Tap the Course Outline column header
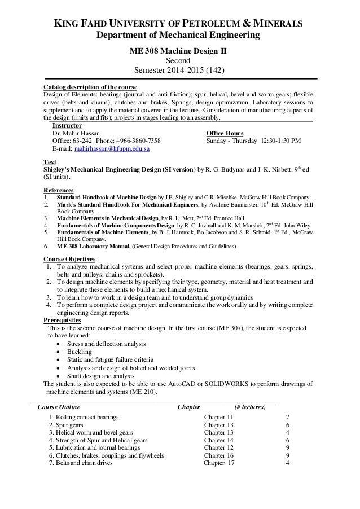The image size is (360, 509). coord(58,406)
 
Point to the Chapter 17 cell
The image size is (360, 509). coord(219,463)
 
